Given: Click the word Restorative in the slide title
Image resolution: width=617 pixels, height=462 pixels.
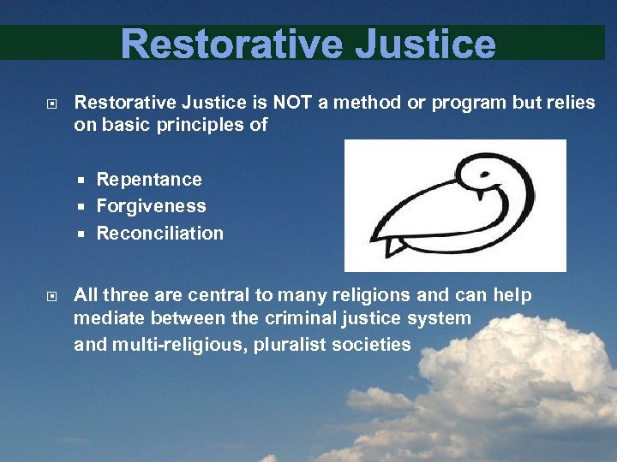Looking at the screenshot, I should [x=229, y=44].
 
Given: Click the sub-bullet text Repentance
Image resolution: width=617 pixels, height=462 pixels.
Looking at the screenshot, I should [x=149, y=180].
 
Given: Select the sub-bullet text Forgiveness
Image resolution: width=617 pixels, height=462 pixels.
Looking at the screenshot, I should [x=151, y=206].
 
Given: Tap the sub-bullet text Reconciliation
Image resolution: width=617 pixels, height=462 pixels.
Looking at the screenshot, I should [x=159, y=234].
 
